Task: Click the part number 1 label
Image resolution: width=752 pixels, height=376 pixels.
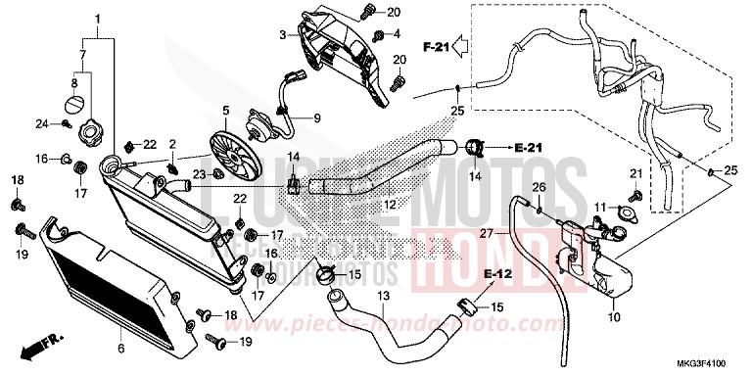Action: tap(98, 21)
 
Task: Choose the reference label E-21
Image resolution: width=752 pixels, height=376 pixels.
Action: tap(528, 148)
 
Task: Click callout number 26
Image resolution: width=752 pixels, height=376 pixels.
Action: tap(538, 186)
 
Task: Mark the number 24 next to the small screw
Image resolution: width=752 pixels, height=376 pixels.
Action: tap(42, 123)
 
